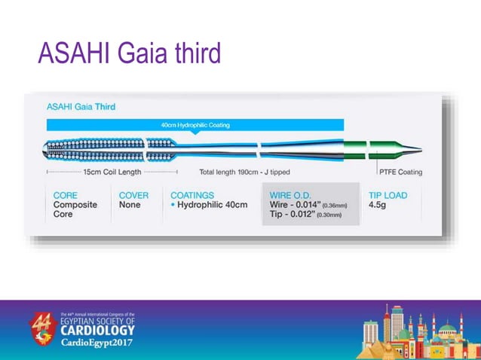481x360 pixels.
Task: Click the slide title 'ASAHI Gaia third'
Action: coord(130,53)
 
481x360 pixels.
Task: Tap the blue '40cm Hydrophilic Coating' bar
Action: coord(195,125)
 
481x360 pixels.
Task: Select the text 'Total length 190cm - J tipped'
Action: coord(244,172)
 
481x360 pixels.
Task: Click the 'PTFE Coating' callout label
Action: coord(400,172)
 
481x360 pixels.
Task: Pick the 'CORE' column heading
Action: coord(65,195)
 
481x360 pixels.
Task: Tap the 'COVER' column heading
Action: coord(133,195)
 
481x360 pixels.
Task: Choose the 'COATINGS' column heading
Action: coord(192,195)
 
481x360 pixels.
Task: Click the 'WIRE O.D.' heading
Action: coord(290,195)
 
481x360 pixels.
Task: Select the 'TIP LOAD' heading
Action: coord(388,195)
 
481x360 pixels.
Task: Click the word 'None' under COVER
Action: coord(130,205)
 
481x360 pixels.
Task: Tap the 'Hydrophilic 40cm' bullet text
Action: coord(212,205)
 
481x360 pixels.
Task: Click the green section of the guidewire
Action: coord(357,148)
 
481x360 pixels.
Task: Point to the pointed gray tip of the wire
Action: coord(412,148)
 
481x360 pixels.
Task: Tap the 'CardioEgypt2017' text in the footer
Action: coord(97,343)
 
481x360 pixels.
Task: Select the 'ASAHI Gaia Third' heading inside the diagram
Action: coord(81,107)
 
